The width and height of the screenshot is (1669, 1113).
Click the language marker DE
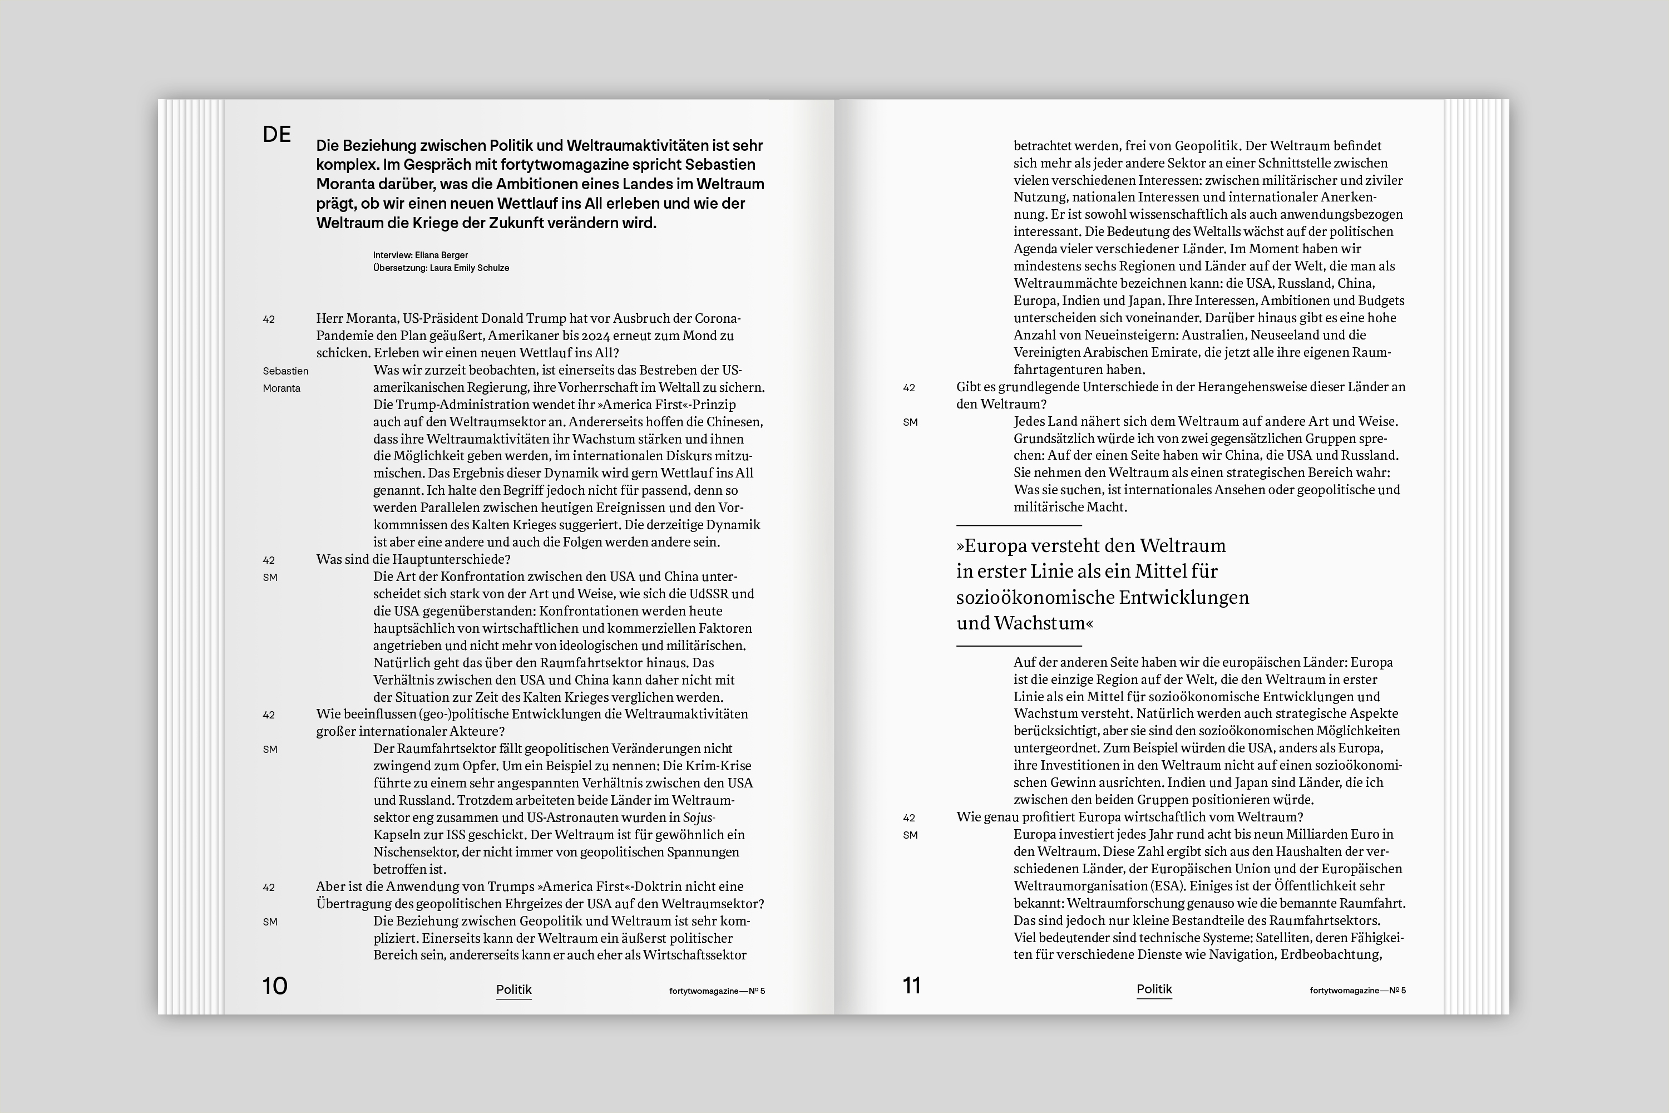276,134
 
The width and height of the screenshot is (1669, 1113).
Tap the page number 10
275,986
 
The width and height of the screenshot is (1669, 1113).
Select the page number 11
911,986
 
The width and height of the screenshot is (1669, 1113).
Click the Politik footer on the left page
513,989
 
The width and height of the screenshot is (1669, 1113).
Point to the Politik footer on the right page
1154,989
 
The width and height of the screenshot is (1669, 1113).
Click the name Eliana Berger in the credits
441,255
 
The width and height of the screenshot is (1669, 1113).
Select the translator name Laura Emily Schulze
469,268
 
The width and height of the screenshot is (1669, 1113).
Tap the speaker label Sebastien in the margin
285,371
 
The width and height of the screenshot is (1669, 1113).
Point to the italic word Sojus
698,817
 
